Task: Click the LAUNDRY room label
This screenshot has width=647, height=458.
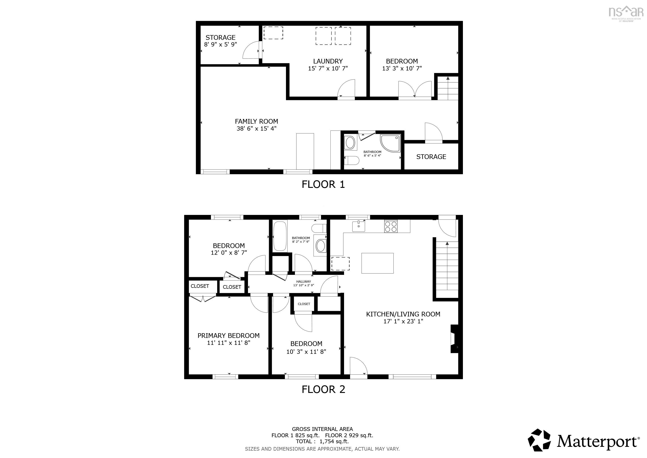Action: (328, 61)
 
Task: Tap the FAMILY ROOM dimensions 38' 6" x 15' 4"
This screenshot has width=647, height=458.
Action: (256, 129)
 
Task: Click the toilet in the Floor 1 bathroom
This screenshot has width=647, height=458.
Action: (352, 161)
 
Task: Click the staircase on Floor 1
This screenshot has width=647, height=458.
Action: (448, 88)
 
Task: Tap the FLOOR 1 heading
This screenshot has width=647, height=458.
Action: (323, 184)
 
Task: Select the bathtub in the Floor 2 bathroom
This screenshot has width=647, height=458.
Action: (280, 236)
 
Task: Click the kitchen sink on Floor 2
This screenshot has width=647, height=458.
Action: (358, 226)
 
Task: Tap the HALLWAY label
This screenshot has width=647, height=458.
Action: (303, 282)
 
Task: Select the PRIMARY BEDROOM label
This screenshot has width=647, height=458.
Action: (228, 336)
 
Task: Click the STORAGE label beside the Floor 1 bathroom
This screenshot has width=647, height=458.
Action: (431, 157)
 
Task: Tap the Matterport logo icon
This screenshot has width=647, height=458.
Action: (539, 441)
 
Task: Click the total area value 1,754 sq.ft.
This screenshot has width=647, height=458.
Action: (334, 441)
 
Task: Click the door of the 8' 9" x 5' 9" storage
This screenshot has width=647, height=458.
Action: (251, 50)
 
